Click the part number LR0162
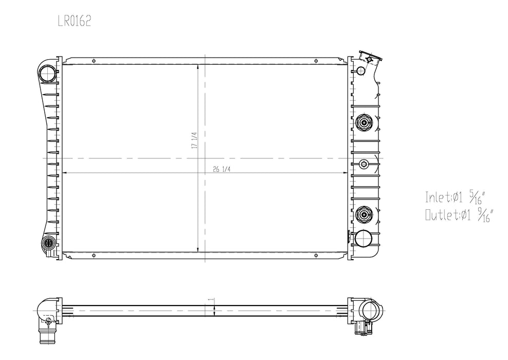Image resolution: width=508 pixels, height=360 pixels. (74, 21)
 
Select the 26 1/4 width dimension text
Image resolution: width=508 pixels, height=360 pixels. (222, 169)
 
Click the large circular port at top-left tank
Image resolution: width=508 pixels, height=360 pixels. (48, 73)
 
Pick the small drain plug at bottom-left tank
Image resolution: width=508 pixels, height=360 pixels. (48, 243)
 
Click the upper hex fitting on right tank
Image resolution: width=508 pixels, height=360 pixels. (364, 123)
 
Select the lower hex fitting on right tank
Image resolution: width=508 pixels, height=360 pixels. (364, 214)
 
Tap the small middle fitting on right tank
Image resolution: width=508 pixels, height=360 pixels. (364, 164)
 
